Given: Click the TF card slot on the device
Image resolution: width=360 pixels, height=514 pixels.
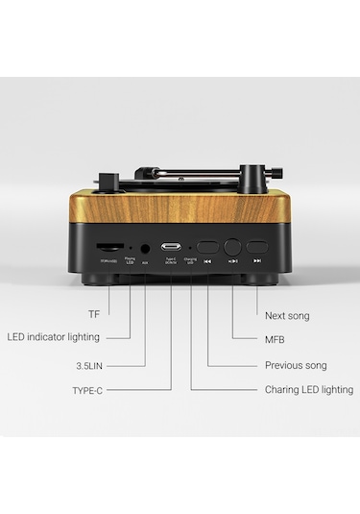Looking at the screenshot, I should point(108,248).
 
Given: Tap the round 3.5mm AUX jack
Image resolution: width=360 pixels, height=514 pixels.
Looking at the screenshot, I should point(144,248).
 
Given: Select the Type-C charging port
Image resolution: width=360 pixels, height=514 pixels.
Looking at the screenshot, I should point(172,248).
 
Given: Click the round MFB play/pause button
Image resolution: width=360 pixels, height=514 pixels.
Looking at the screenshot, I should point(232,248).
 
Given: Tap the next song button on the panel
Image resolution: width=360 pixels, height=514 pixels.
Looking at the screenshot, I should point(256,247).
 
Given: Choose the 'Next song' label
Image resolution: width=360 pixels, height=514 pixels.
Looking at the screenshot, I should point(286,315).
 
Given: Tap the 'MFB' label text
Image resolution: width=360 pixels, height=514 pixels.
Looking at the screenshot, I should point(274,340).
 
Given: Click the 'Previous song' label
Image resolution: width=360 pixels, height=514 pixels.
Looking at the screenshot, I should point(296,365).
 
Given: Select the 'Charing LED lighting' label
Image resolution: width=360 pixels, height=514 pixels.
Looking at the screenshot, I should point(308,390).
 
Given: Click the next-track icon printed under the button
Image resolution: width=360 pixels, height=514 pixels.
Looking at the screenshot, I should point(256,260).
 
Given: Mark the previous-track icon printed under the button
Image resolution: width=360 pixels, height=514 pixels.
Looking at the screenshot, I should point(207,260).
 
